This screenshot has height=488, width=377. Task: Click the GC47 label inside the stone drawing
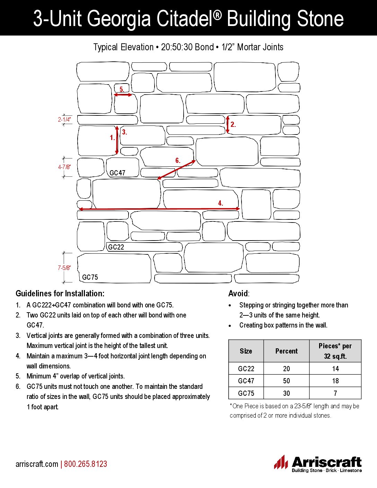(117, 173)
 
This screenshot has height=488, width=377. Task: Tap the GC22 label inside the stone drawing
(116, 247)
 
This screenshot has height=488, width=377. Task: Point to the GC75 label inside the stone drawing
(90, 277)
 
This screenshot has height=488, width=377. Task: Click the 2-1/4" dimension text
(64, 120)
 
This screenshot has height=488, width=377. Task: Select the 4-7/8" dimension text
(64, 167)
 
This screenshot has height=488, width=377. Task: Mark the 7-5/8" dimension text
(64, 268)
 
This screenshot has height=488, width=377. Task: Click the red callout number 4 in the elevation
(220, 203)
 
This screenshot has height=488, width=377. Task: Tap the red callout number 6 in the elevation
(177, 160)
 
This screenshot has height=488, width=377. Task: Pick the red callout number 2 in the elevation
(233, 124)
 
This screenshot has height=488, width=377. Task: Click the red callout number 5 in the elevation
(122, 89)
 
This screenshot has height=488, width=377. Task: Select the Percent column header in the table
(286, 351)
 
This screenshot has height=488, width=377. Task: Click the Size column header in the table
(246, 351)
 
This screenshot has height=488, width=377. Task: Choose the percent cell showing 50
(286, 381)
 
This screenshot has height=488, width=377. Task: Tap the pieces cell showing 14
(335, 369)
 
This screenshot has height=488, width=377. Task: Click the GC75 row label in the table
(246, 393)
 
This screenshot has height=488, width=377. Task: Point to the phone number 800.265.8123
(86, 464)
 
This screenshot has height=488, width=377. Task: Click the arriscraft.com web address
(37, 464)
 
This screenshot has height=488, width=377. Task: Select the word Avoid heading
(238, 294)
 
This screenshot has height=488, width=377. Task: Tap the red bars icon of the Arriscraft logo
(281, 462)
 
